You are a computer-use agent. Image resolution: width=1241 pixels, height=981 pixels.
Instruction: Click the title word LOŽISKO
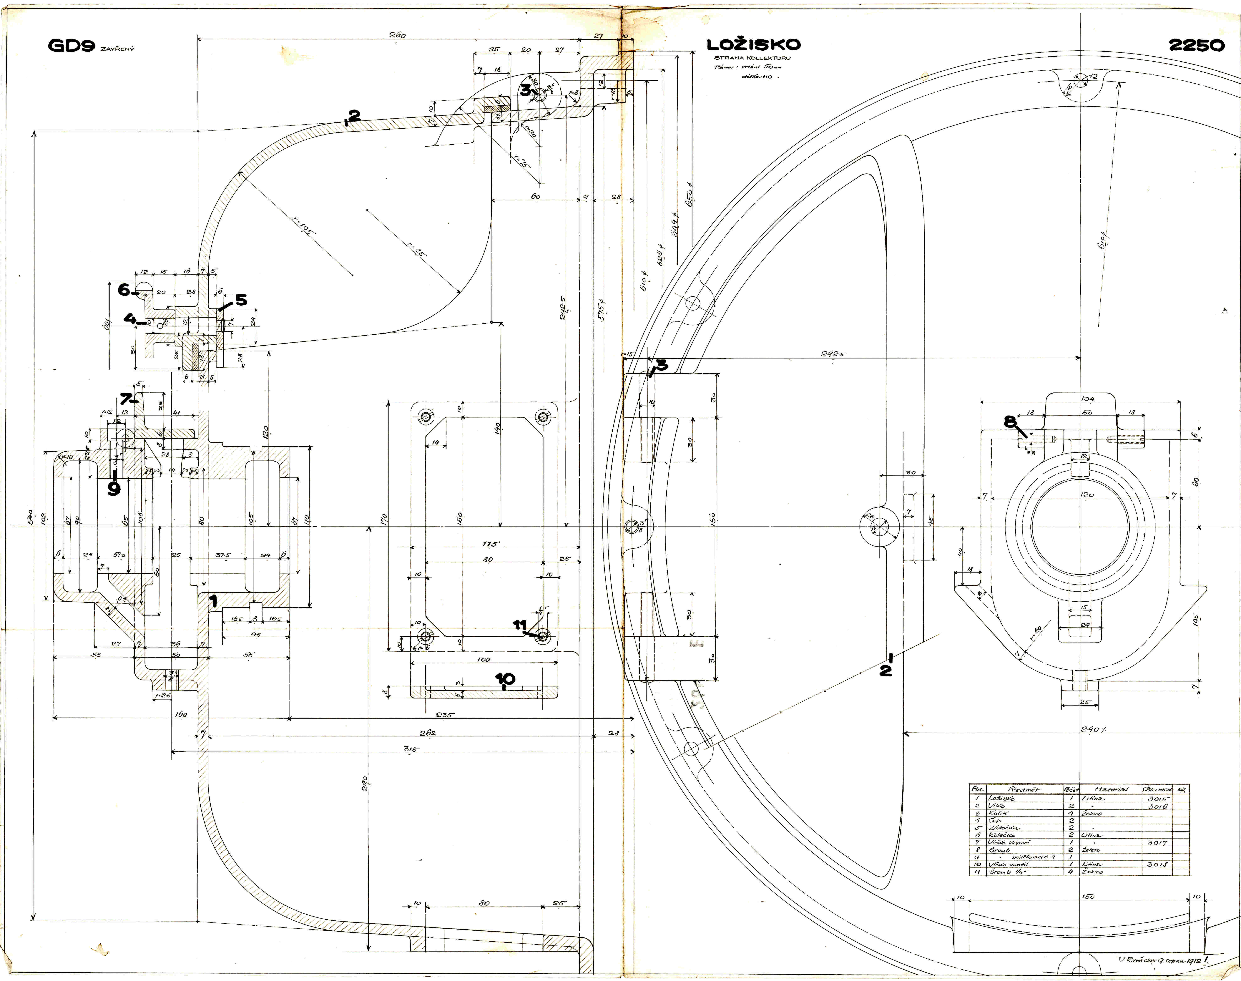pos(753,45)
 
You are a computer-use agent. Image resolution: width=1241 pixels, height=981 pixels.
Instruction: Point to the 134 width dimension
pos(1087,398)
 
